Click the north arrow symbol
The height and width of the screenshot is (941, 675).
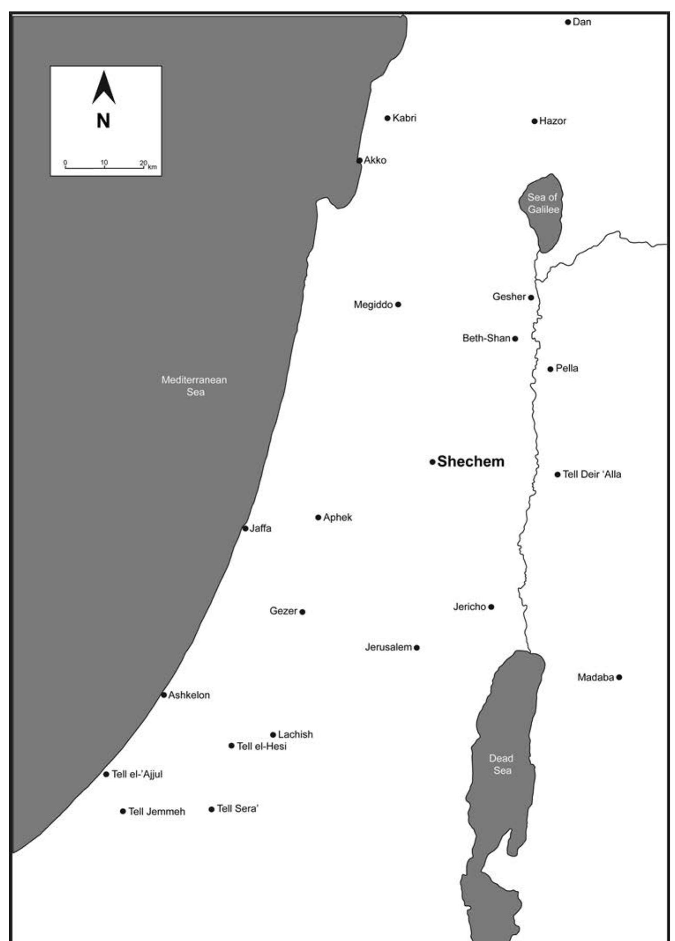[104, 88]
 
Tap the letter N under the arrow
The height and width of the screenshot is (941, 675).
[103, 121]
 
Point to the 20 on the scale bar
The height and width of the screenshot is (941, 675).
[143, 163]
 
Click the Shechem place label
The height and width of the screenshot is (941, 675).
[471, 461]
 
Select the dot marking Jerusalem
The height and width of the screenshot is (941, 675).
[417, 648]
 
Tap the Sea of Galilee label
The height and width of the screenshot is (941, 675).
[543, 204]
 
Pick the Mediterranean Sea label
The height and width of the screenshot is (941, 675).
[194, 386]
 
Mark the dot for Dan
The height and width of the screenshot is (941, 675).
[568, 22]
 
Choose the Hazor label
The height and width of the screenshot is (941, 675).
[553, 121]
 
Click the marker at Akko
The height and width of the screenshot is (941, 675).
[360, 160]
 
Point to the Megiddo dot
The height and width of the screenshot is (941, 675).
[398, 304]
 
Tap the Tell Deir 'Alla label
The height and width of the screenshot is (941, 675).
[592, 474]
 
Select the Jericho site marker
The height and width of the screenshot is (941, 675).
[491, 607]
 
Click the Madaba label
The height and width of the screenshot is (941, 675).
[595, 678]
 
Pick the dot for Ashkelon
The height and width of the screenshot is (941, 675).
[164, 695]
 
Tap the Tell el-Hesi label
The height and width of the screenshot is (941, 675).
[262, 746]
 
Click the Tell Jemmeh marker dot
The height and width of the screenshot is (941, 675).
[123, 811]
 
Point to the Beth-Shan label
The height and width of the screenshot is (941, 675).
[486, 338]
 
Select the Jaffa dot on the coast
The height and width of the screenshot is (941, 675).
[245, 529]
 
